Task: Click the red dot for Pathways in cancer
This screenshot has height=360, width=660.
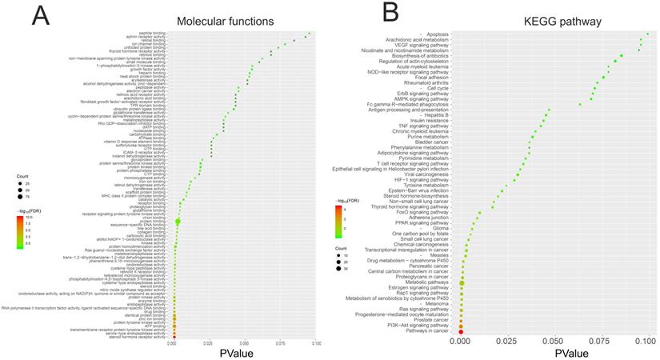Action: [462, 331]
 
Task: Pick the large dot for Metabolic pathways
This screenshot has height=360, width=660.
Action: [462, 282]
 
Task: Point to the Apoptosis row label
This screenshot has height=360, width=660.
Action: [436, 34]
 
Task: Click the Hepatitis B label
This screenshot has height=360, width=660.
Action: [433, 115]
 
